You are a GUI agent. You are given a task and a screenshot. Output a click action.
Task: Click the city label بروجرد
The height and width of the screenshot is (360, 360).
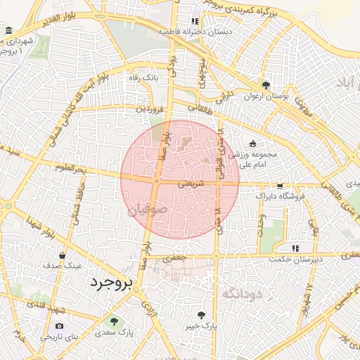111,283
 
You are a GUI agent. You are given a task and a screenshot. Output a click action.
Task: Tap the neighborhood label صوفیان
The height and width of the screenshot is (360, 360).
148,208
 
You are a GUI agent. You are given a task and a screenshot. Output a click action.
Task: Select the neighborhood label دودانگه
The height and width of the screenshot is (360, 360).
242,293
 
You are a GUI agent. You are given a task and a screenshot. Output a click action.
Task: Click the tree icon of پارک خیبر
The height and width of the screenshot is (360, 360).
203,315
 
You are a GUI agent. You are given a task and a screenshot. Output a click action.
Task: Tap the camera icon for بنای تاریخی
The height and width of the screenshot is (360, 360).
59,326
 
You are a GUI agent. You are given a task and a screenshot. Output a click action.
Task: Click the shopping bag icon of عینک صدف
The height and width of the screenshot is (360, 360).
63,255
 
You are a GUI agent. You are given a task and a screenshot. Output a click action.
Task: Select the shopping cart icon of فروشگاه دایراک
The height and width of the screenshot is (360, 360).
281,186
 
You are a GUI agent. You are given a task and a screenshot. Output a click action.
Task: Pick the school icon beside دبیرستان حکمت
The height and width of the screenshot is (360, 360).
296,247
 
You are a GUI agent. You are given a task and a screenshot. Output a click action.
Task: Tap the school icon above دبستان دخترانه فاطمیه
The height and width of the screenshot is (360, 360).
195,22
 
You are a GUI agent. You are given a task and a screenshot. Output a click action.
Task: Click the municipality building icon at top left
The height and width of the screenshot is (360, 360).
8,32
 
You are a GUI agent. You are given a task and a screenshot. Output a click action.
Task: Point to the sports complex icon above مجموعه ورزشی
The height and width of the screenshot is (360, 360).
252,144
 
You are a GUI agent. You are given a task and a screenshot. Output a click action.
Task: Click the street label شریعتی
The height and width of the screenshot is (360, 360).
191,183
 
